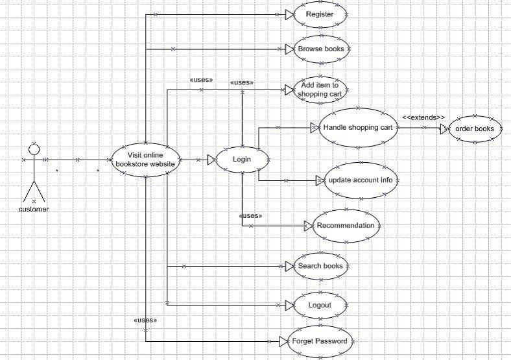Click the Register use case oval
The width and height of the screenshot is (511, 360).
[x=320, y=14]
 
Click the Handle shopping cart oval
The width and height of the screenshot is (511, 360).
[x=357, y=128]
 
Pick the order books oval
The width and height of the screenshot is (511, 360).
[x=474, y=128]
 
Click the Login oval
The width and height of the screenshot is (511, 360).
[x=242, y=159]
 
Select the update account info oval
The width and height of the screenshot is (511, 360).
[x=359, y=180]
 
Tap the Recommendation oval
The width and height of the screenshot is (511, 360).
[x=345, y=226]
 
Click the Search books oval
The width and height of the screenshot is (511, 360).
[x=320, y=266]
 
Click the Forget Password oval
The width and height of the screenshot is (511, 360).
[x=320, y=341]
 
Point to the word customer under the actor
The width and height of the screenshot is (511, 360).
[x=34, y=209]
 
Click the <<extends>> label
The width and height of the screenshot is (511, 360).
[x=423, y=117]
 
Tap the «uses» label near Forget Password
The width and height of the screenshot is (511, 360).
[x=145, y=320]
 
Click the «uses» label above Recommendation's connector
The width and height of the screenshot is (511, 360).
[x=251, y=215]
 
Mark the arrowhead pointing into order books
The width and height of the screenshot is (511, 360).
[x=444, y=128]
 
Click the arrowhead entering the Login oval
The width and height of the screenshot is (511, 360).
[x=211, y=159]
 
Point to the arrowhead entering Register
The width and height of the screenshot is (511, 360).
[x=290, y=14]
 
